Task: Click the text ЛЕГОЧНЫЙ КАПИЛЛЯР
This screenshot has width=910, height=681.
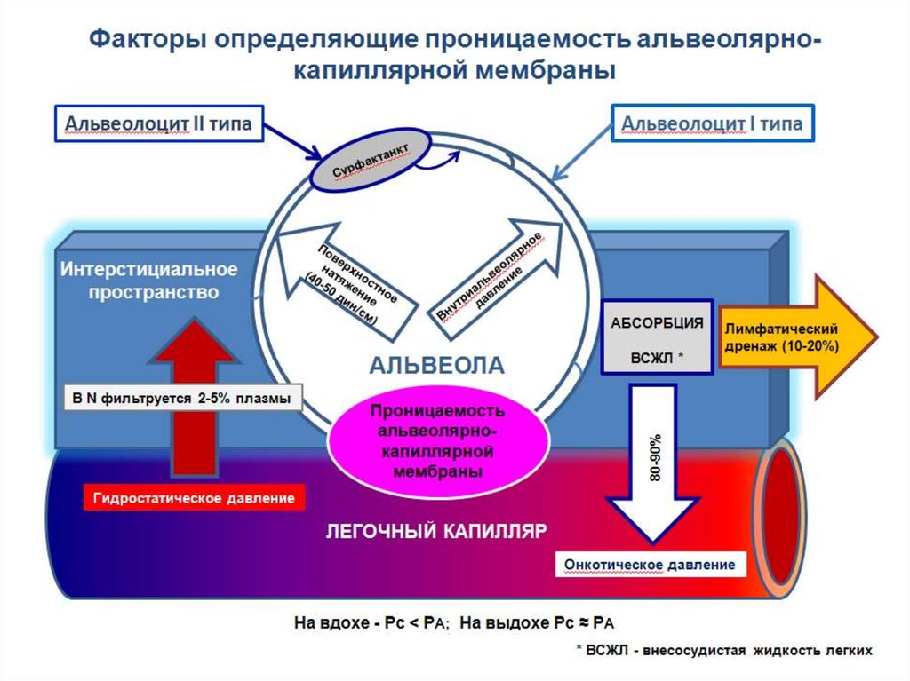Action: point(436,532)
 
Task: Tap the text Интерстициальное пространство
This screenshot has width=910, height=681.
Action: point(148,279)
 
